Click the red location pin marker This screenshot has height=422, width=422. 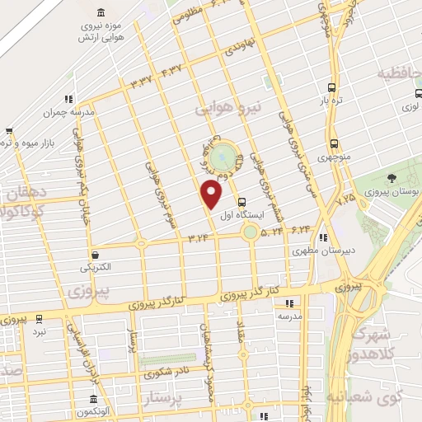click(212, 195)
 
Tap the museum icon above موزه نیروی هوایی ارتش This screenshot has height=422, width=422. click(101, 12)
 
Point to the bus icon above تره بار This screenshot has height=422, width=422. click(331, 87)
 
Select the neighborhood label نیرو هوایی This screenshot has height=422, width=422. click(227, 107)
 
